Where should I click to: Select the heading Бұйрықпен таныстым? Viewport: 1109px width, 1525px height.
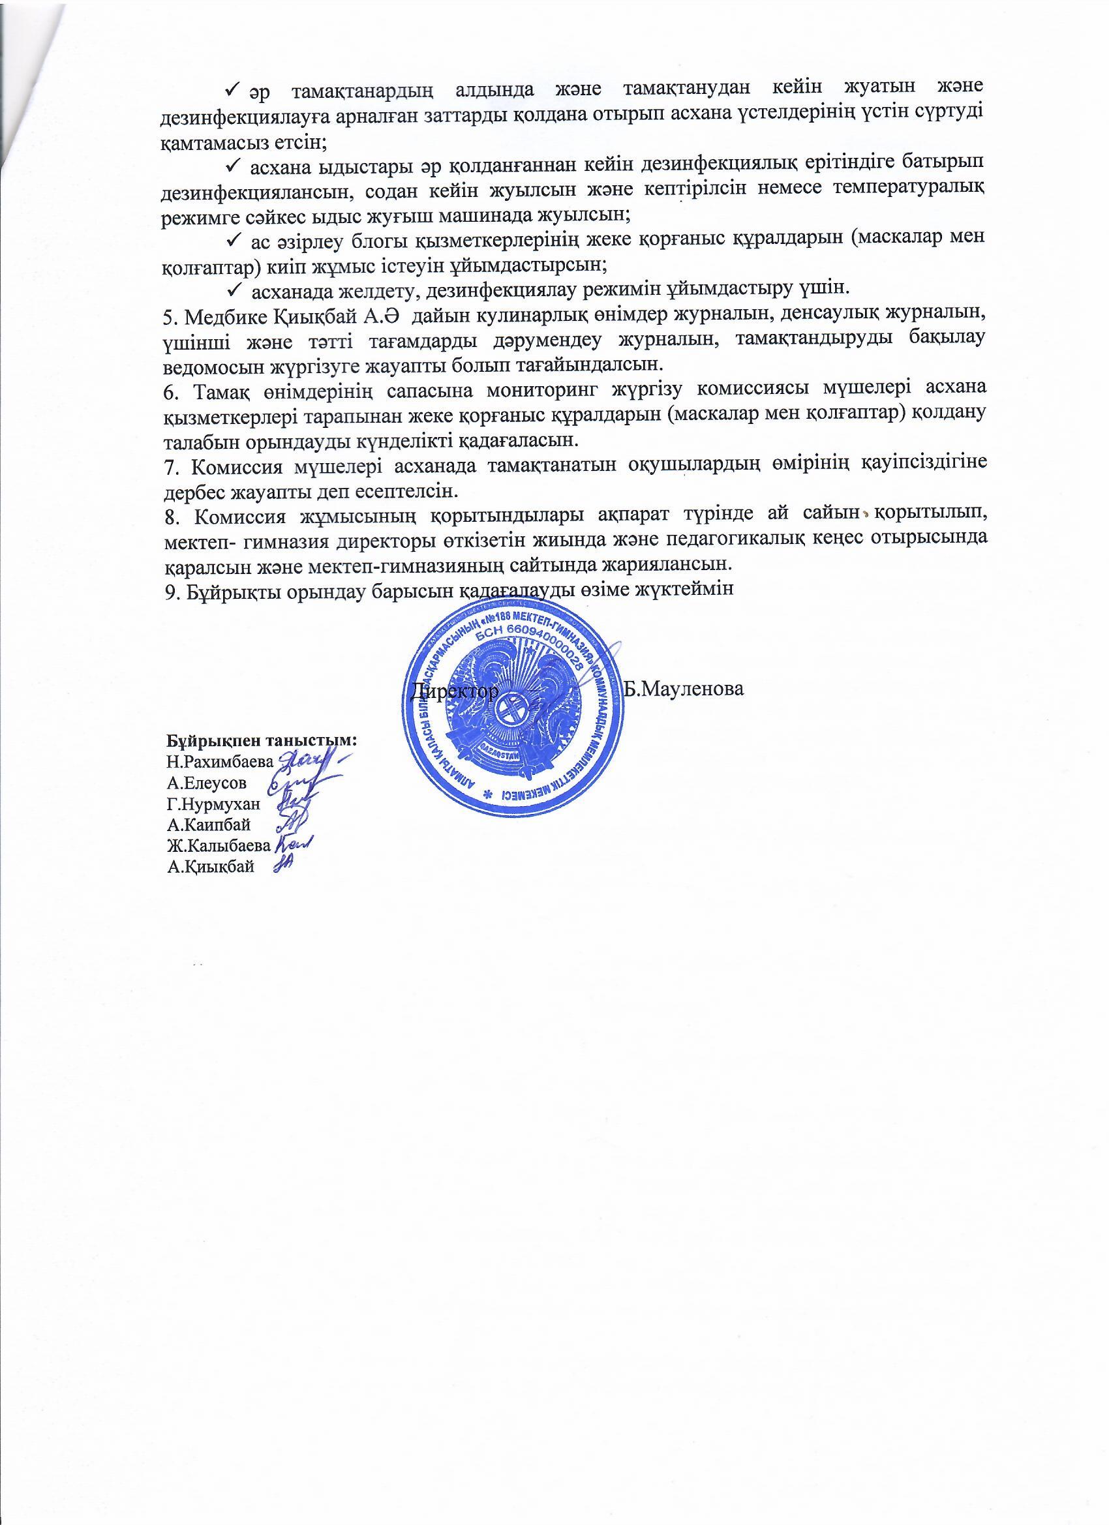(261, 740)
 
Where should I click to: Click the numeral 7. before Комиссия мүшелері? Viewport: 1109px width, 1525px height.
(170, 465)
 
